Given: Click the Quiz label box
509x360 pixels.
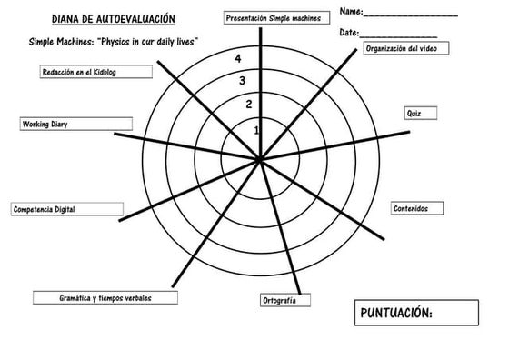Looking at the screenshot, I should click(x=414, y=115).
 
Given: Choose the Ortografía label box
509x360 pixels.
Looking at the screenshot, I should click(x=279, y=300).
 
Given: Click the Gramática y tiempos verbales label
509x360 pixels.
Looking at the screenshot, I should click(x=105, y=298).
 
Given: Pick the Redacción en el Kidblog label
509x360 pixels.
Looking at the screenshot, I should click(x=87, y=72).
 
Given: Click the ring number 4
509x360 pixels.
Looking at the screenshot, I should click(x=237, y=59).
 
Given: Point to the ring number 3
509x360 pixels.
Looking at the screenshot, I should click(x=243, y=82).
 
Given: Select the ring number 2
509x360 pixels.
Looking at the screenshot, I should click(x=249, y=104).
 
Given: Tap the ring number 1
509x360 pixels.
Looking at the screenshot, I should click(x=256, y=130).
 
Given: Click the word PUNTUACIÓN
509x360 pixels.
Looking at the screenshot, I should click(x=396, y=314).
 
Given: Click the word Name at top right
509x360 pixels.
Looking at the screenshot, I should click(x=351, y=11).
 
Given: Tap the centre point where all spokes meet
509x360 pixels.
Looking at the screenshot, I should click(x=260, y=160).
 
